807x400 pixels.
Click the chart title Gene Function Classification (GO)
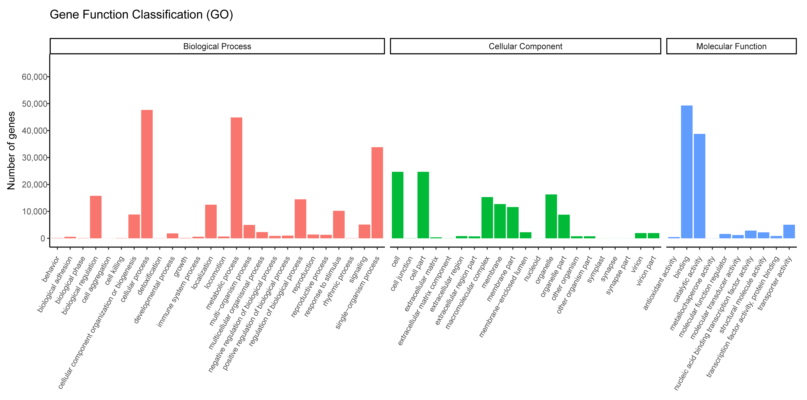[141, 15]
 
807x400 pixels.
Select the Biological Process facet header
[217, 46]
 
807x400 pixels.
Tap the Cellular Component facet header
[525, 46]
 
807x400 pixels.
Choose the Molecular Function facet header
[731, 46]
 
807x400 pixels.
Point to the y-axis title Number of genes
[11, 151]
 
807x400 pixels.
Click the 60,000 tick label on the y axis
[34, 77]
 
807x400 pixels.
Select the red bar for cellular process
[147, 174]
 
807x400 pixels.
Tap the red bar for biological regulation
[96, 217]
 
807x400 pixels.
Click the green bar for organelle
[551, 216]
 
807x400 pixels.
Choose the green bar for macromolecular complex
[487, 218]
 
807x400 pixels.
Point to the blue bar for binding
[687, 172]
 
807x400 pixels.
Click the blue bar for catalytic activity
[700, 186]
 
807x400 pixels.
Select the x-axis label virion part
[646, 270]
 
